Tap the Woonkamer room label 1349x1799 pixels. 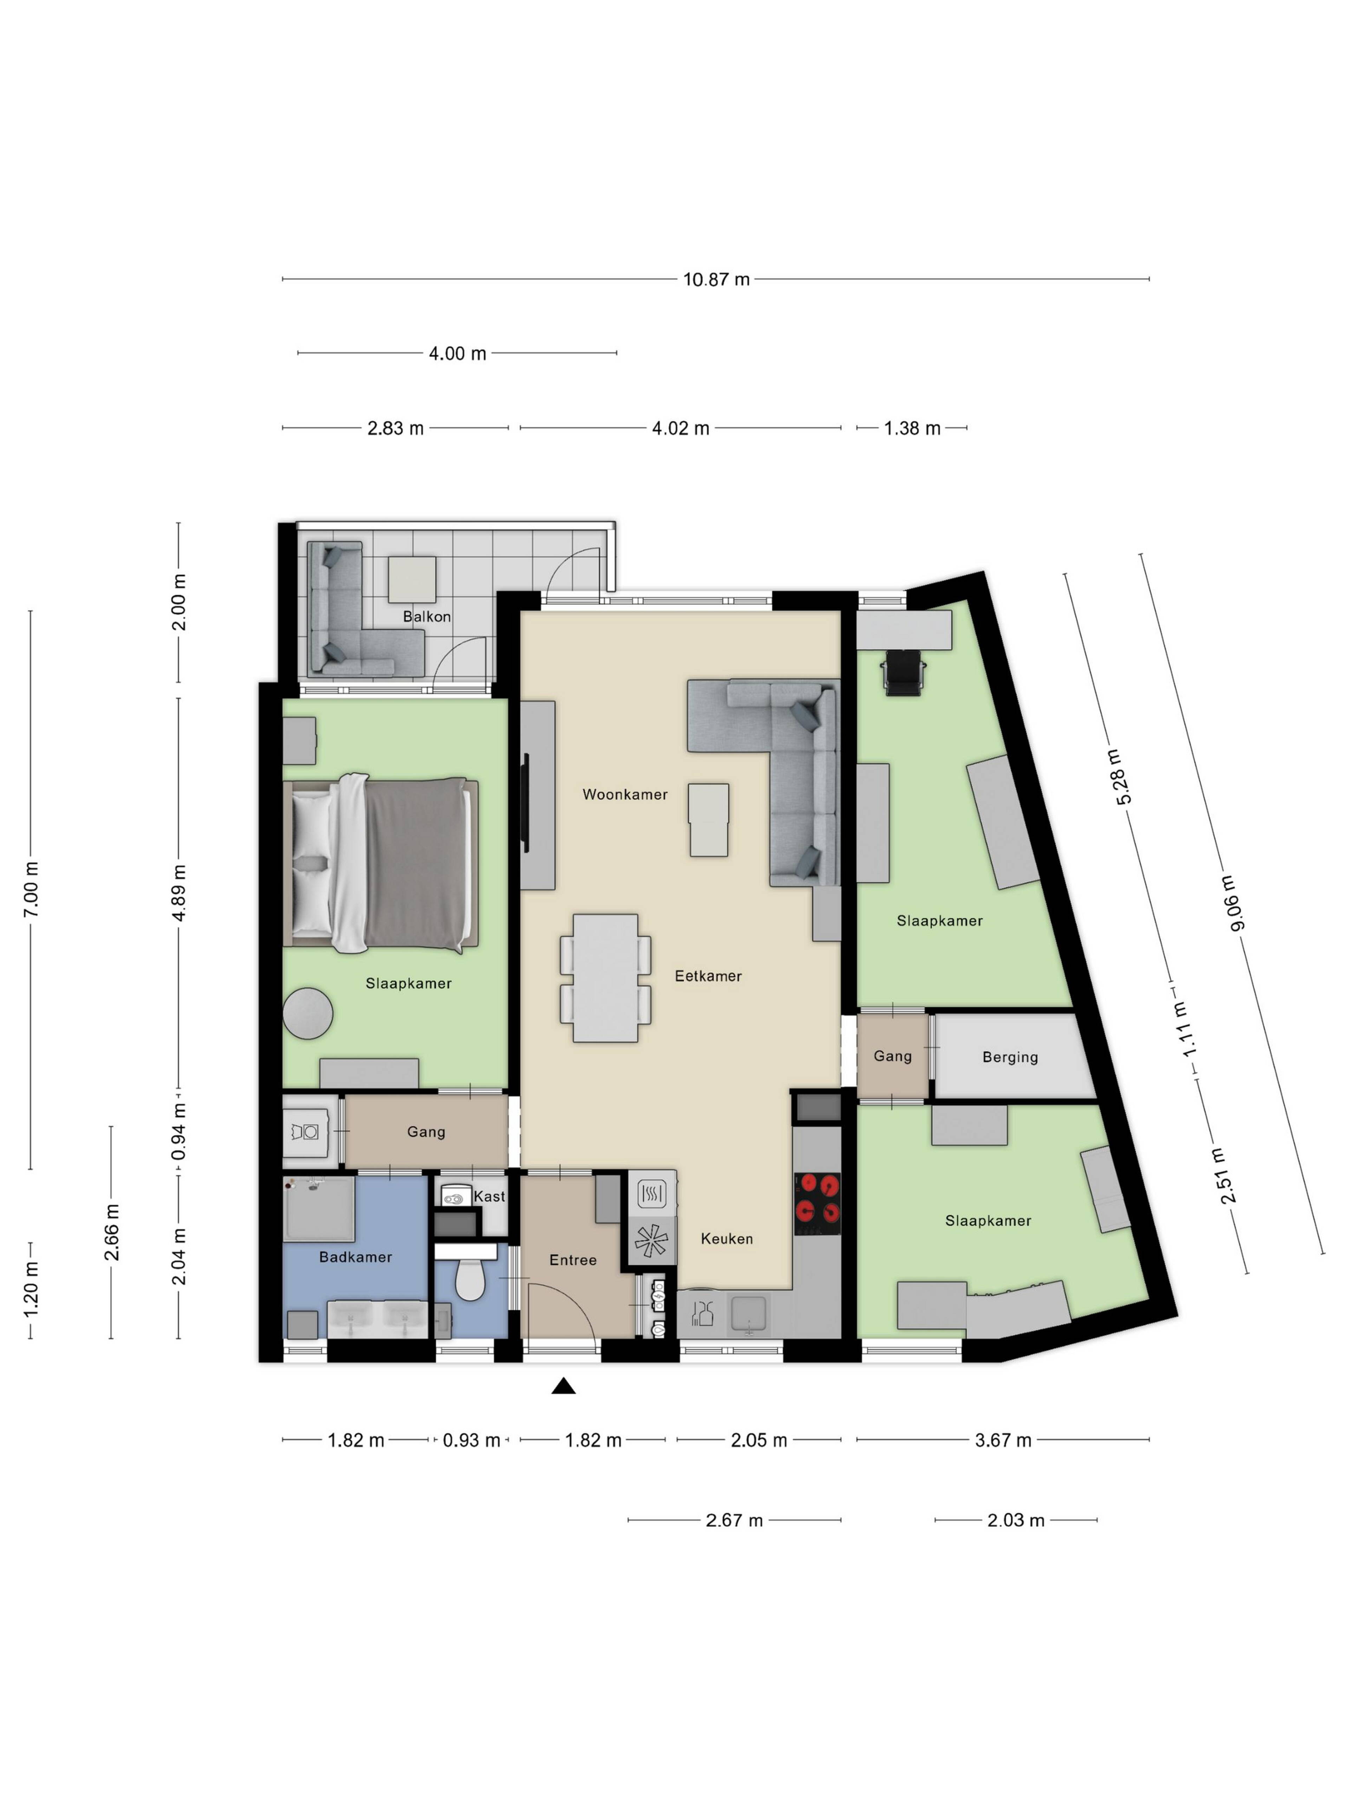point(625,794)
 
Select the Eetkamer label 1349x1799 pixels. point(708,976)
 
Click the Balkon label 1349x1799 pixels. point(427,617)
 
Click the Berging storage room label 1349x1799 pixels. point(1010,1057)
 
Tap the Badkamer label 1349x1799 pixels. point(356,1257)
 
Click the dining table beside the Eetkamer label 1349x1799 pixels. point(605,978)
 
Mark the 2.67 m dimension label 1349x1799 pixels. point(734,1520)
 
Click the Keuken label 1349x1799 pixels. point(727,1239)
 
